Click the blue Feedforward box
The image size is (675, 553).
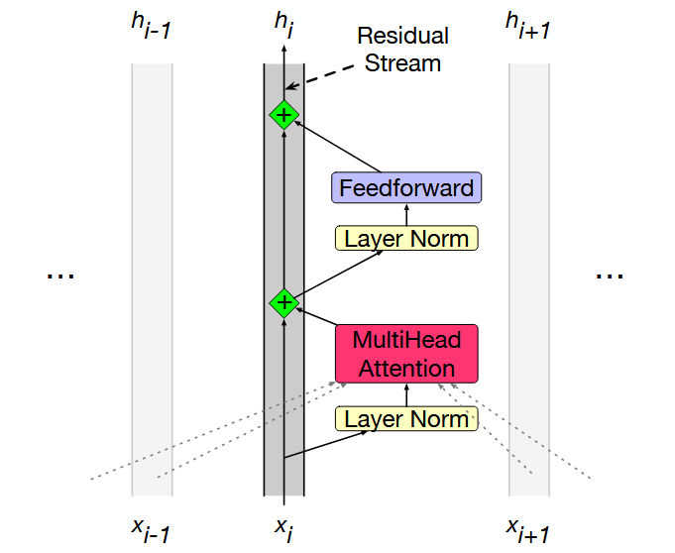point(406,187)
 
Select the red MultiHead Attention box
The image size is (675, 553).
point(406,354)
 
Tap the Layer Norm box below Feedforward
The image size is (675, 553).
point(406,238)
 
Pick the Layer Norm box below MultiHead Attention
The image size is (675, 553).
point(406,418)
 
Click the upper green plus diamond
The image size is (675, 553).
point(283,115)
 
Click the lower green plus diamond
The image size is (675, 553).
point(283,302)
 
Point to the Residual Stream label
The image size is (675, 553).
point(402,51)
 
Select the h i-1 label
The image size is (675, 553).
point(151,28)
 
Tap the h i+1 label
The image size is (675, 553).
point(527,28)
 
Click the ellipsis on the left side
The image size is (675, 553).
point(60,275)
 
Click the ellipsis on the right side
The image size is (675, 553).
point(610,275)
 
